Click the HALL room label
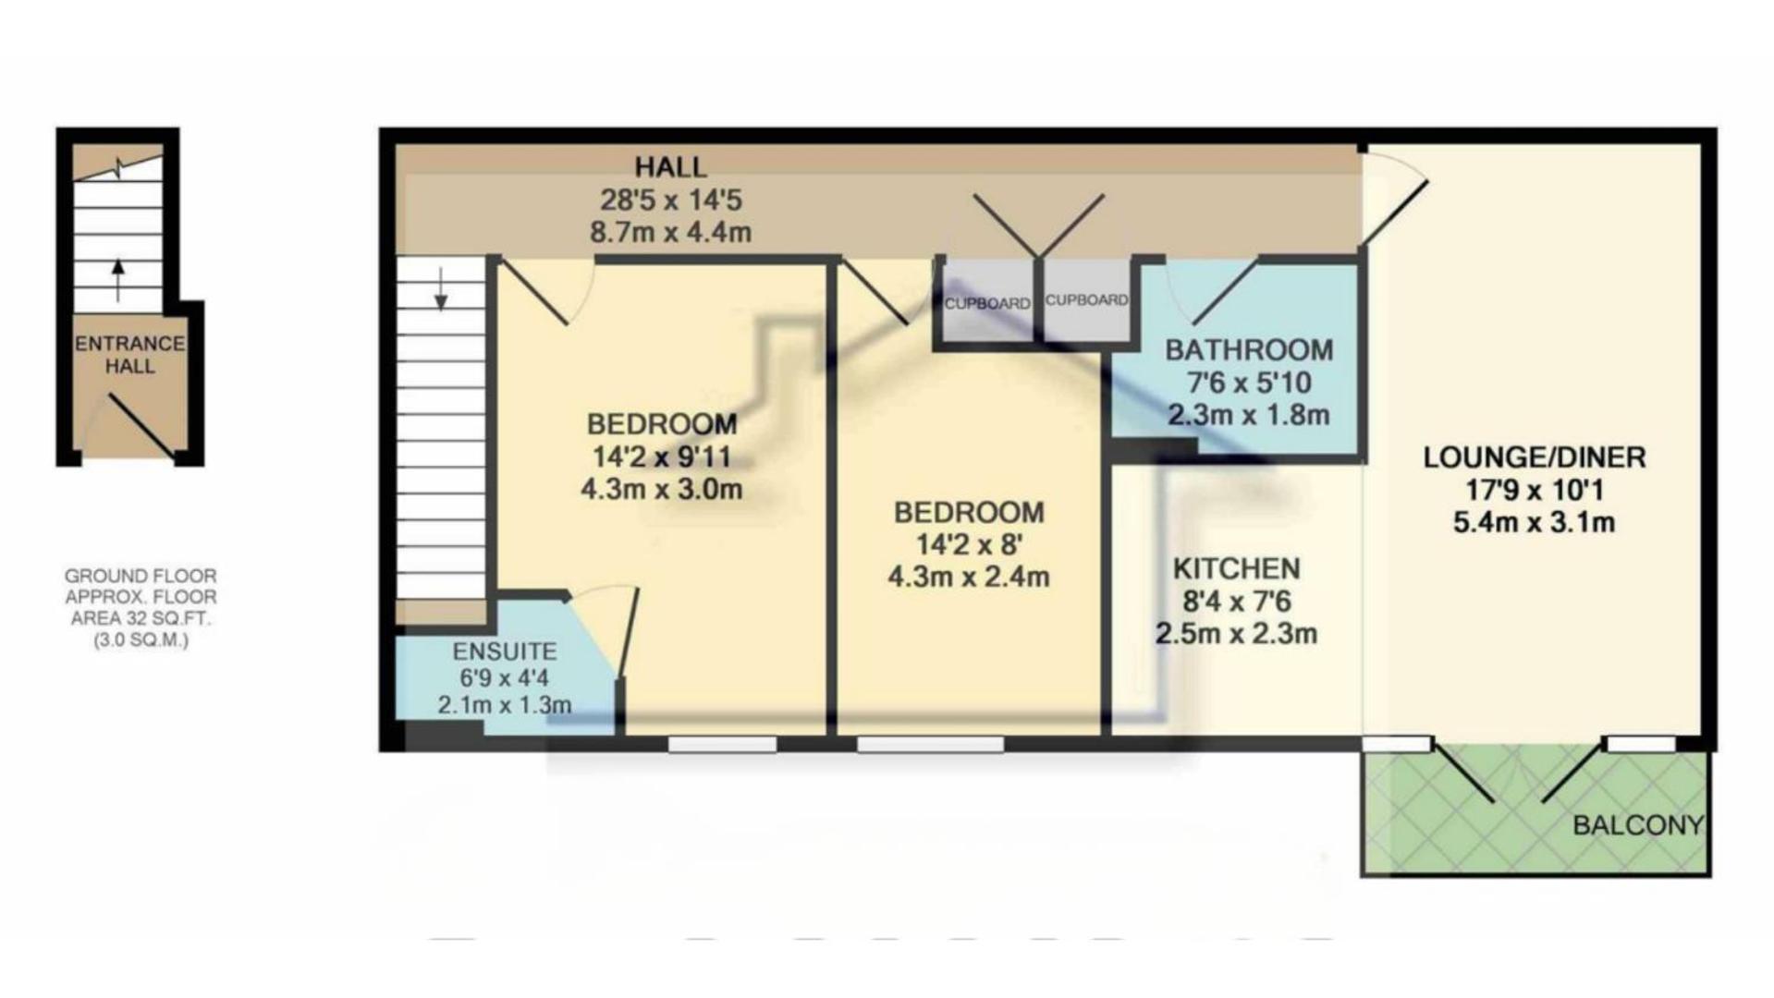[670, 167]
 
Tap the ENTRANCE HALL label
[129, 355]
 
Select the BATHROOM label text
[1249, 350]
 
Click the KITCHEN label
[1236, 568]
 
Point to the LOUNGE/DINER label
[1534, 457]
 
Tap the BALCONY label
[1638, 825]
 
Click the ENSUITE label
[504, 651]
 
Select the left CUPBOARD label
[987, 303]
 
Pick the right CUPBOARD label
[1086, 300]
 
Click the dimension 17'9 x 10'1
[1535, 490]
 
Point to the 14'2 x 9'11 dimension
[661, 456]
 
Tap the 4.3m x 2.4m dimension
[969, 578]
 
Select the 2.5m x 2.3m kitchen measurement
[1236, 634]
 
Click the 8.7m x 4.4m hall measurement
[670, 232]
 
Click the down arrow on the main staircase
[441, 288]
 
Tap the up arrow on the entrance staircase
[117, 280]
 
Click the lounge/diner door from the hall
[1395, 213]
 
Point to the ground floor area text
[141, 608]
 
